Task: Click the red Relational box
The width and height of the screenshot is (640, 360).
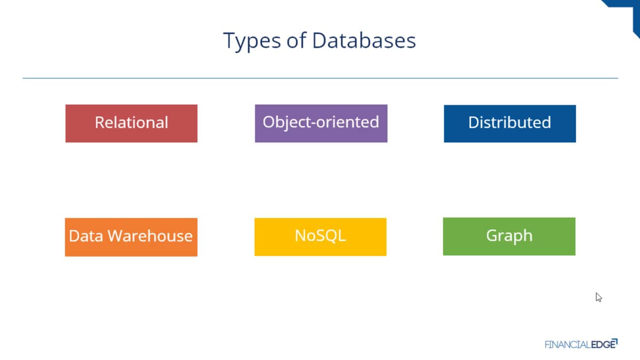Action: pyautogui.click(x=131, y=123)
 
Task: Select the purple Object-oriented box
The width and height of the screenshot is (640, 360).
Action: pyautogui.click(x=321, y=123)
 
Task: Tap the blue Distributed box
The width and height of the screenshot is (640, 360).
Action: pyautogui.click(x=510, y=124)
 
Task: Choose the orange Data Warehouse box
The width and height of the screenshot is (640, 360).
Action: pyautogui.click(x=131, y=237)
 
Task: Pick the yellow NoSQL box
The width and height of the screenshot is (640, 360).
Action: pyautogui.click(x=321, y=237)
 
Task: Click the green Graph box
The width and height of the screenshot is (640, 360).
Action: pyautogui.click(x=509, y=237)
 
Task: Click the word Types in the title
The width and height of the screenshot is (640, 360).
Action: pyautogui.click(x=252, y=42)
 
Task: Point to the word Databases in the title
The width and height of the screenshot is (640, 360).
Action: pyautogui.click(x=364, y=41)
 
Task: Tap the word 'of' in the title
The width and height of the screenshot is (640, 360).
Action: pyautogui.click(x=297, y=40)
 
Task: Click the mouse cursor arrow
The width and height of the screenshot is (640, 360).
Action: pyautogui.click(x=598, y=297)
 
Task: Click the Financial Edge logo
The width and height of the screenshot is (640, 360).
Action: pyautogui.click(x=581, y=344)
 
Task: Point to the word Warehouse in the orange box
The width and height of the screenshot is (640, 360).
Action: pyautogui.click(x=150, y=236)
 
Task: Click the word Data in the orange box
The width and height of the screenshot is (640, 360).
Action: pyautogui.click(x=86, y=236)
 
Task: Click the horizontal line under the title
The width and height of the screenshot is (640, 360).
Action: pyautogui.click(x=321, y=78)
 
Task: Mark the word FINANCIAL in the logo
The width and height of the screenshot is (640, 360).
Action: pyautogui.click(x=567, y=345)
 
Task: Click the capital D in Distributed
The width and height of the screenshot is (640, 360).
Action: pyautogui.click(x=474, y=123)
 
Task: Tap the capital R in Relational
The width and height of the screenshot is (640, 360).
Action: pyautogui.click(x=100, y=123)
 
